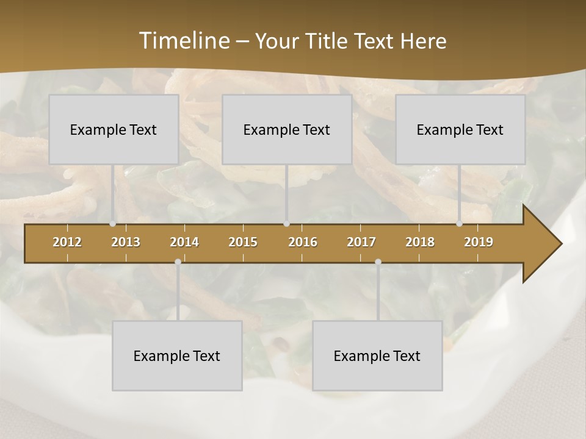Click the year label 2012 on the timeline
pyautogui.click(x=67, y=242)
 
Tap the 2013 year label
pyautogui.click(x=126, y=242)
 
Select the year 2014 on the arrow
pyautogui.click(x=184, y=242)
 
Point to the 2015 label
pyautogui.click(x=243, y=242)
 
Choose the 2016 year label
pyautogui.click(x=303, y=242)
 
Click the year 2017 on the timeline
pyautogui.click(x=361, y=242)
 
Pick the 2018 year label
pyautogui.click(x=420, y=242)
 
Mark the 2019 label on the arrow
pyautogui.click(x=479, y=242)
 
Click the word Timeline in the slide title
pyautogui.click(x=184, y=41)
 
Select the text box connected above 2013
pyautogui.click(x=114, y=129)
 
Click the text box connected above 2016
pyautogui.click(x=287, y=129)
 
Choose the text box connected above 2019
pyautogui.click(x=460, y=129)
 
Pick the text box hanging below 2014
pyautogui.click(x=177, y=355)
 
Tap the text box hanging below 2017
pyautogui.click(x=377, y=355)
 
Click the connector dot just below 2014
pyautogui.click(x=178, y=262)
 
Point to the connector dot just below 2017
pyautogui.click(x=378, y=262)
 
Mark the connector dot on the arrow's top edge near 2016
pyautogui.click(x=287, y=224)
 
